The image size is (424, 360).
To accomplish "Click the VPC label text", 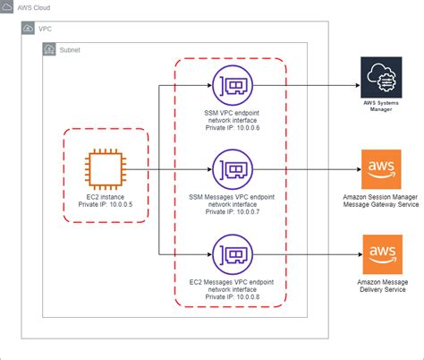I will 46,29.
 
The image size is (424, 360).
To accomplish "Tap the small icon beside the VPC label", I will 28,29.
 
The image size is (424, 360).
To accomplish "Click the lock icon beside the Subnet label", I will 49,50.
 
